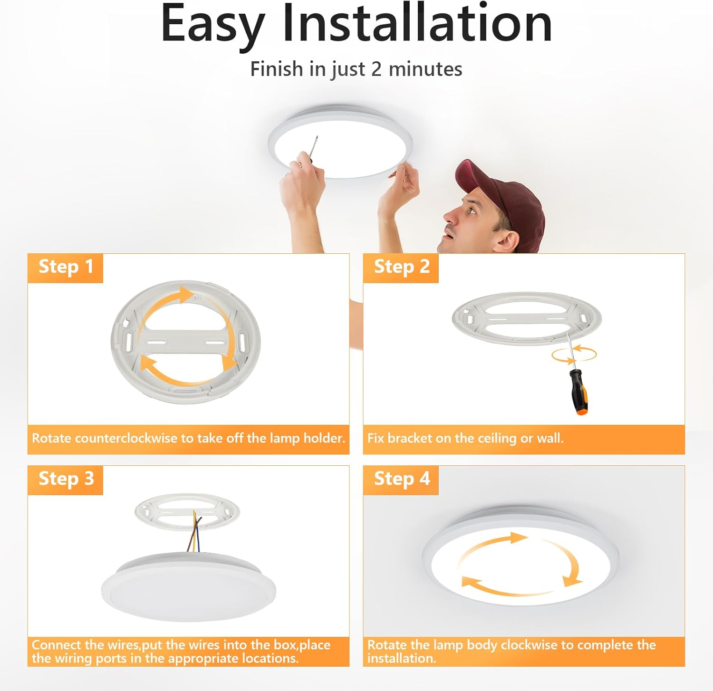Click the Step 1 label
pyautogui.click(x=66, y=267)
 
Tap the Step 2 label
pyautogui.click(x=401, y=267)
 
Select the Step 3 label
pyautogui.click(x=66, y=479)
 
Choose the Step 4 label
pyautogui.click(x=401, y=479)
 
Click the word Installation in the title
pyautogui.click(x=417, y=24)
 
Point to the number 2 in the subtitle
pyautogui.click(x=376, y=69)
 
